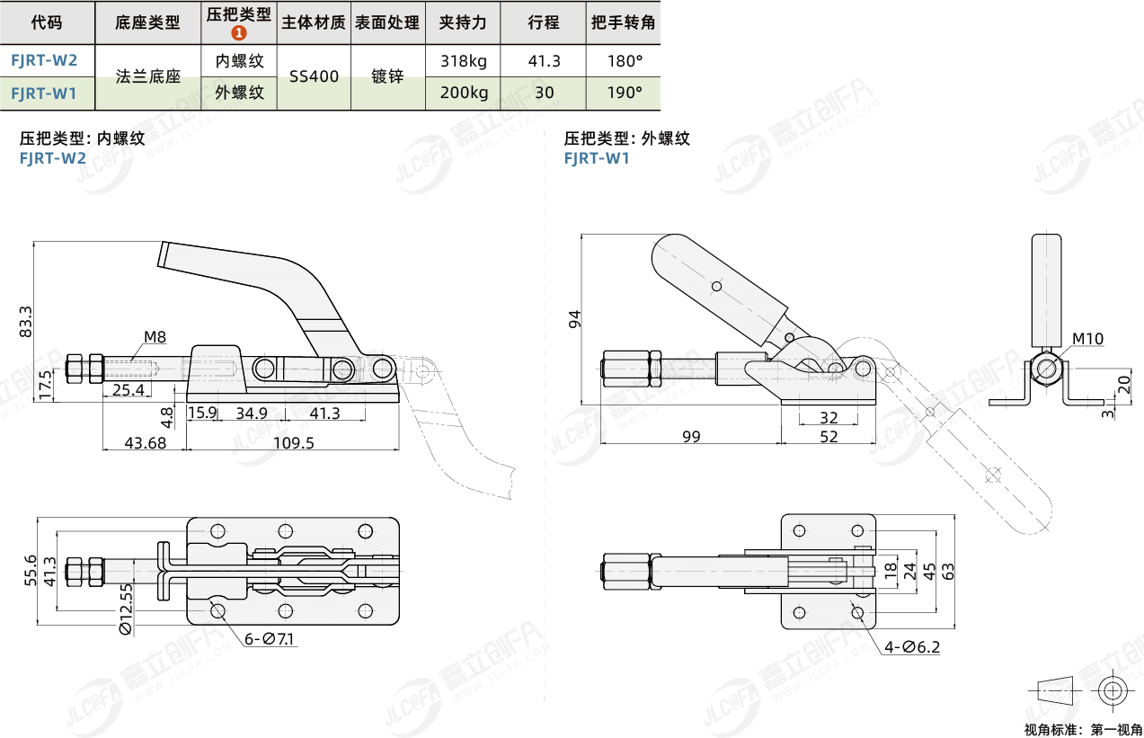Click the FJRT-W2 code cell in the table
(44, 61)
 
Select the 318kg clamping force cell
(464, 61)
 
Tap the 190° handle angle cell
(625, 93)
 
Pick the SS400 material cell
(314, 76)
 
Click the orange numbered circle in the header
(238, 33)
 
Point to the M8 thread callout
(155, 338)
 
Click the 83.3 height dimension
(25, 321)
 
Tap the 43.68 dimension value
(145, 443)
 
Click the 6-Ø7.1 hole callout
(270, 639)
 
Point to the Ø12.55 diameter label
(126, 609)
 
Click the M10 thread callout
(1087, 339)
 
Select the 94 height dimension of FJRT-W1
(575, 317)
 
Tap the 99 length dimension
(690, 437)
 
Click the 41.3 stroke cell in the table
(544, 61)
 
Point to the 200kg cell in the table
(464, 93)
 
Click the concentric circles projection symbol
(1112, 690)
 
